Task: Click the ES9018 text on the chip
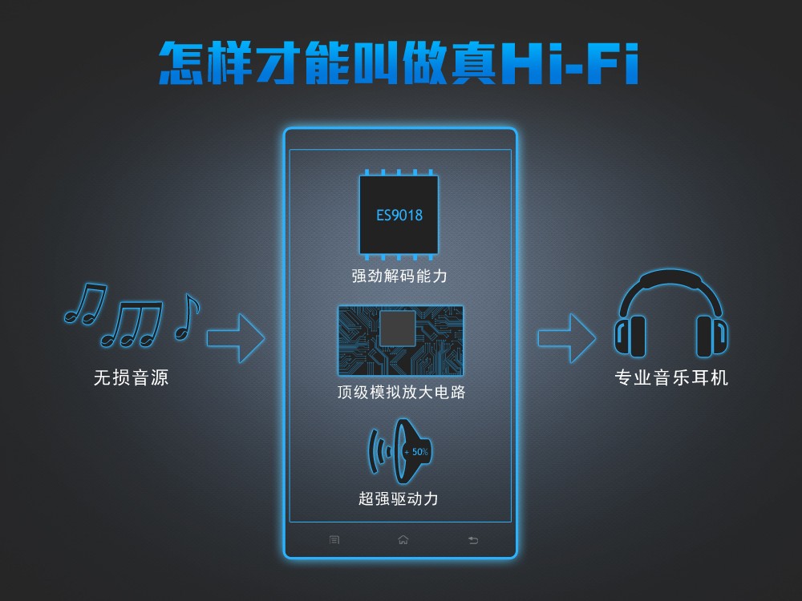(x=399, y=215)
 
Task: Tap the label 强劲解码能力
(x=399, y=276)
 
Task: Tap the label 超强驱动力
(x=399, y=498)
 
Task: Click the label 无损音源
(x=131, y=377)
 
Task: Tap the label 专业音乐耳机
(x=671, y=377)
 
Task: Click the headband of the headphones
(x=671, y=284)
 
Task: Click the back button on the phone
(x=472, y=540)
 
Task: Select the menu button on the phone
(x=334, y=540)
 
